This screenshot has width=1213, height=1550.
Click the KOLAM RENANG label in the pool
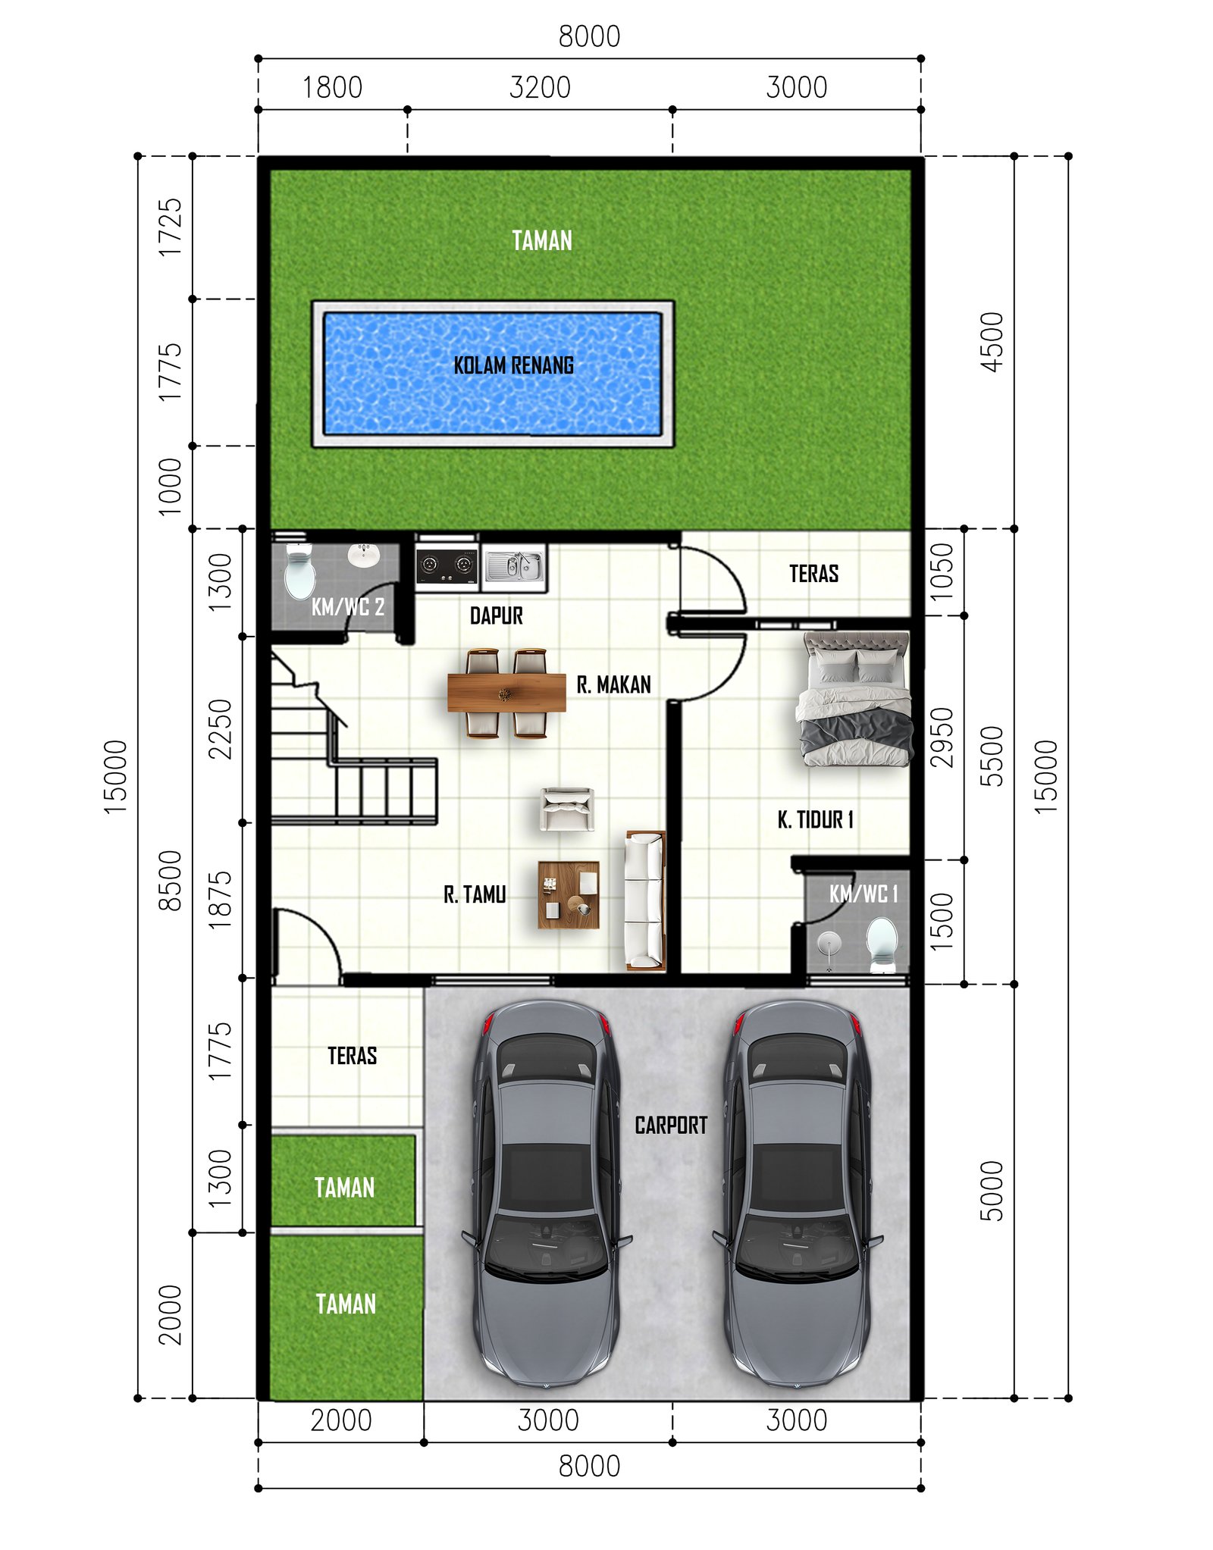click(x=513, y=365)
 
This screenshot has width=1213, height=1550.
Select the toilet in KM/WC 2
click(x=299, y=573)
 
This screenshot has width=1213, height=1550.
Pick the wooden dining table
click(x=506, y=693)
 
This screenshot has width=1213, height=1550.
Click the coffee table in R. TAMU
click(x=569, y=894)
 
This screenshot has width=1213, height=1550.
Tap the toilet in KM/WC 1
click(x=882, y=944)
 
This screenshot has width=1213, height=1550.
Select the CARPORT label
click(x=671, y=1126)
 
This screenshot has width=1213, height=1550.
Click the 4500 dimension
click(x=992, y=342)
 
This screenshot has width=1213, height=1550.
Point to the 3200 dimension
click(x=540, y=87)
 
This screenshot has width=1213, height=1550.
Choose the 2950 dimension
click(x=942, y=737)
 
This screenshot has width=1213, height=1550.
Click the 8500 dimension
click(x=170, y=880)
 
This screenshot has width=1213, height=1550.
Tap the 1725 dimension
click(x=170, y=227)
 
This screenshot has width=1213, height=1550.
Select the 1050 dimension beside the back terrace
click(x=942, y=571)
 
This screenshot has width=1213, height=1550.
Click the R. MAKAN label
click(x=613, y=685)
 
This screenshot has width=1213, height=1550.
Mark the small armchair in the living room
click(x=567, y=809)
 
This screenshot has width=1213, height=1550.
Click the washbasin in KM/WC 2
click(x=363, y=555)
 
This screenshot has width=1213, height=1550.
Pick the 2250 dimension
click(x=220, y=729)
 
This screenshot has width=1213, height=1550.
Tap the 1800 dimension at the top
click(x=332, y=87)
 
